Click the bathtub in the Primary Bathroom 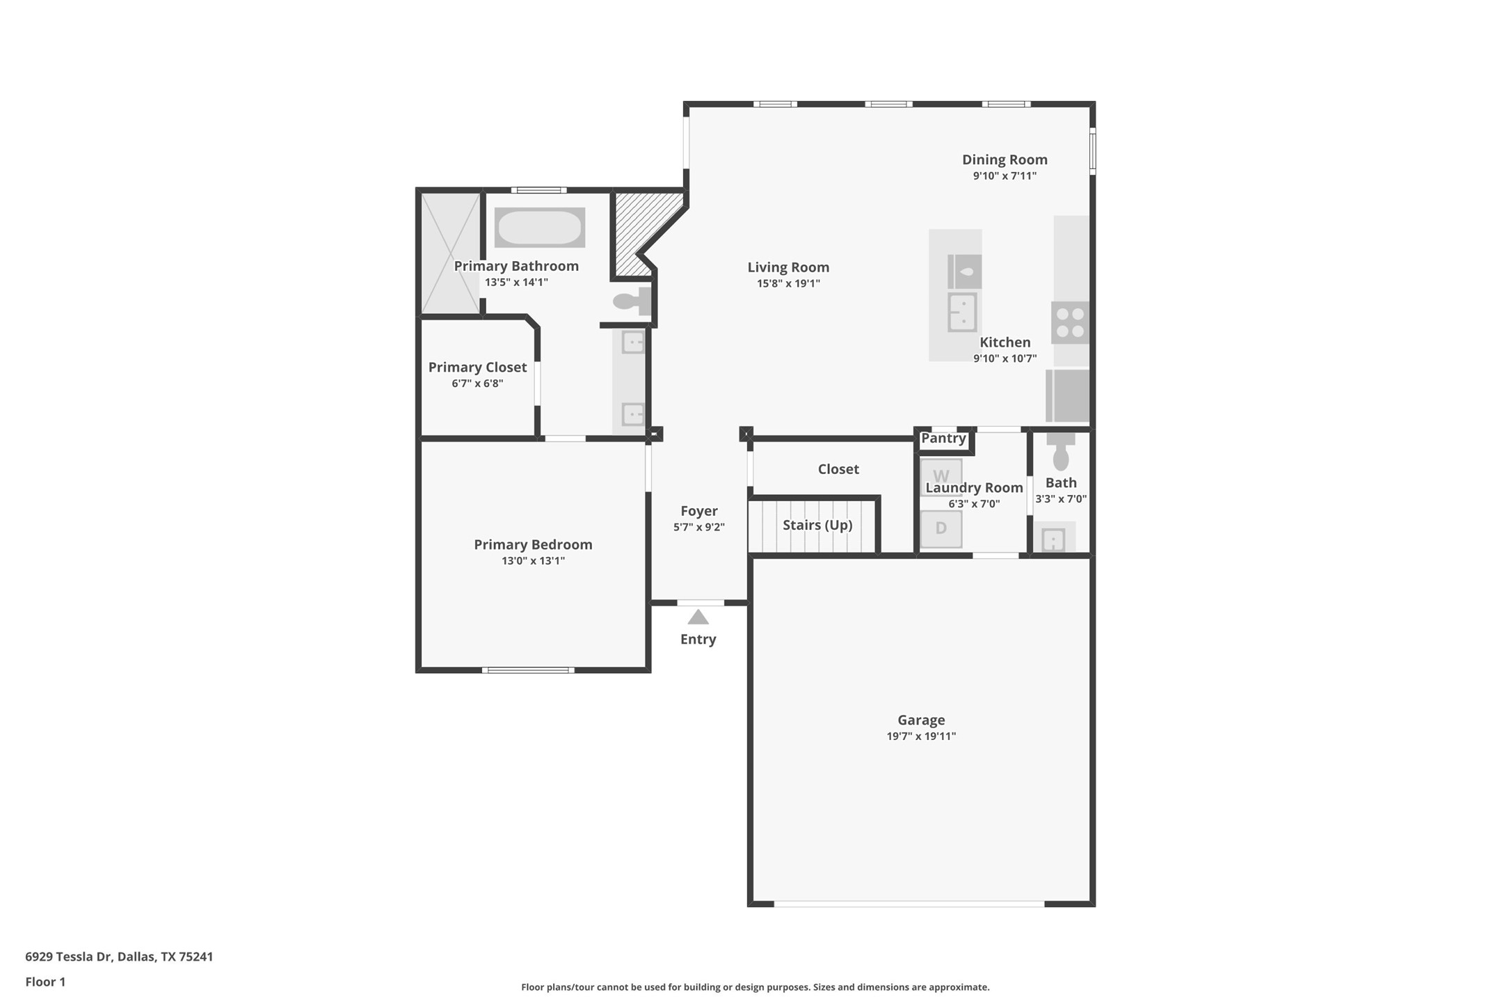539,228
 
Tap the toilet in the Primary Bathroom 632,302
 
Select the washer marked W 941,476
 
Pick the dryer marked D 941,528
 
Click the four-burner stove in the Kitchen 1070,323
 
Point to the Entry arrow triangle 698,617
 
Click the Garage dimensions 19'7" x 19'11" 920,737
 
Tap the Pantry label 943,439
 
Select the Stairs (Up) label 817,525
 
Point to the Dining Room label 1004,159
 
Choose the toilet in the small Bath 1060,452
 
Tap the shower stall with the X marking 451,254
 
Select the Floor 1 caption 45,982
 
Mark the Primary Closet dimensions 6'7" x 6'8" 477,384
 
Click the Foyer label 698,511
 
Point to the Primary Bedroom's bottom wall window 529,670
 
